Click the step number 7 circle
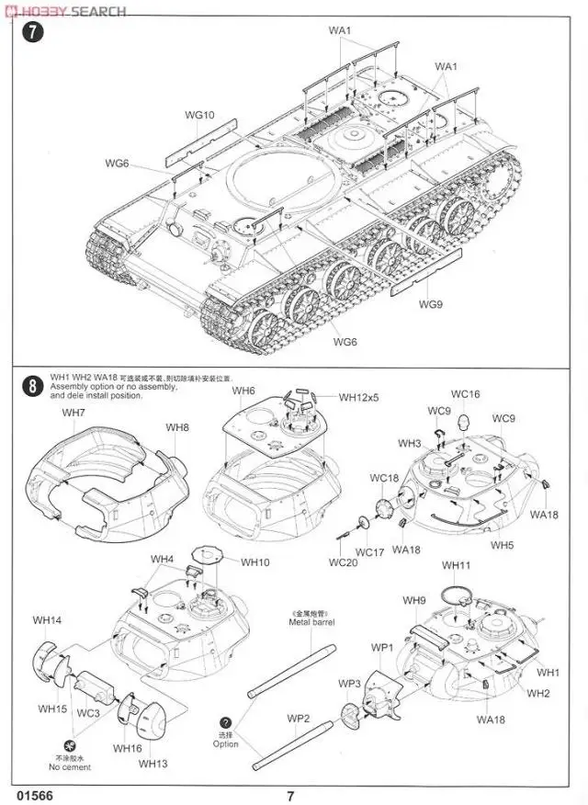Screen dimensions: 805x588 click(33, 32)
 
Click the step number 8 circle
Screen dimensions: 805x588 click(33, 387)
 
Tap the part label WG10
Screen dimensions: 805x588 click(199, 116)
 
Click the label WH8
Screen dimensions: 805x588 click(177, 427)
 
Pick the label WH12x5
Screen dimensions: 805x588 click(358, 397)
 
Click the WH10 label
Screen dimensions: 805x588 click(255, 561)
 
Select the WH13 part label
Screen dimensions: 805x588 click(153, 763)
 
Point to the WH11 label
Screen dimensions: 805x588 click(456, 565)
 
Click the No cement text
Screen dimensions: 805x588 click(71, 766)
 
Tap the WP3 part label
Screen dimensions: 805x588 click(349, 684)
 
